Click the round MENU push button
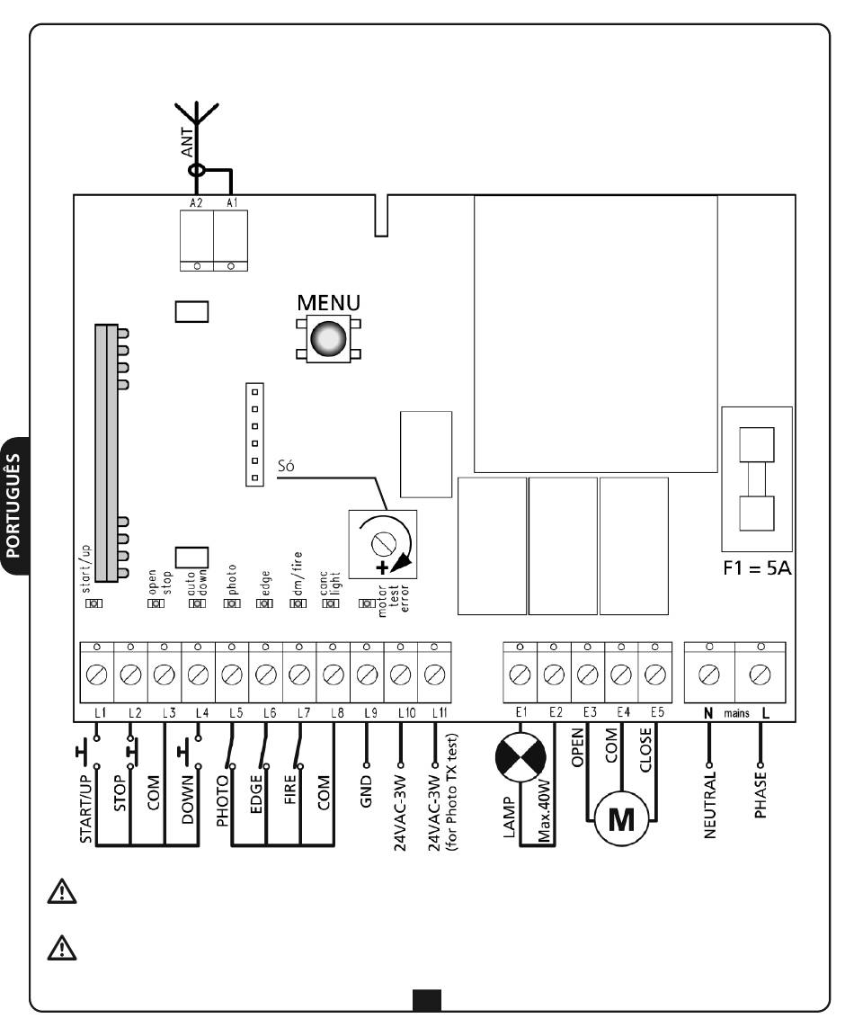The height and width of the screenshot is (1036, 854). tap(328, 338)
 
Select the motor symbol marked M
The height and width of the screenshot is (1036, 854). tap(620, 819)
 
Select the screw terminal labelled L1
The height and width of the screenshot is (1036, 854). tap(97, 671)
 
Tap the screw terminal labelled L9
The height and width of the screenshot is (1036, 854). tap(367, 671)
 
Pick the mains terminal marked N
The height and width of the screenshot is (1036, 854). tap(708, 671)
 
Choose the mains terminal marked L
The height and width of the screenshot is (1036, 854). tap(761, 671)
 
